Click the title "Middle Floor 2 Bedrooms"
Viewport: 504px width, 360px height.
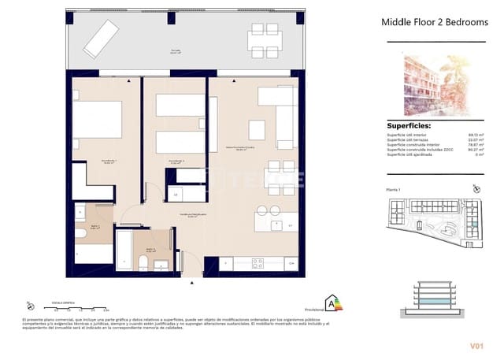(434, 23)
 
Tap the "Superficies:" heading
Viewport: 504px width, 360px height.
(409, 125)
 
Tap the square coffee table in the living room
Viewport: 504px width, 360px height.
(256, 128)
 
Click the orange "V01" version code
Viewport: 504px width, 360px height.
(475, 345)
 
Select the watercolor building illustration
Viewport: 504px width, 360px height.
(434, 84)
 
